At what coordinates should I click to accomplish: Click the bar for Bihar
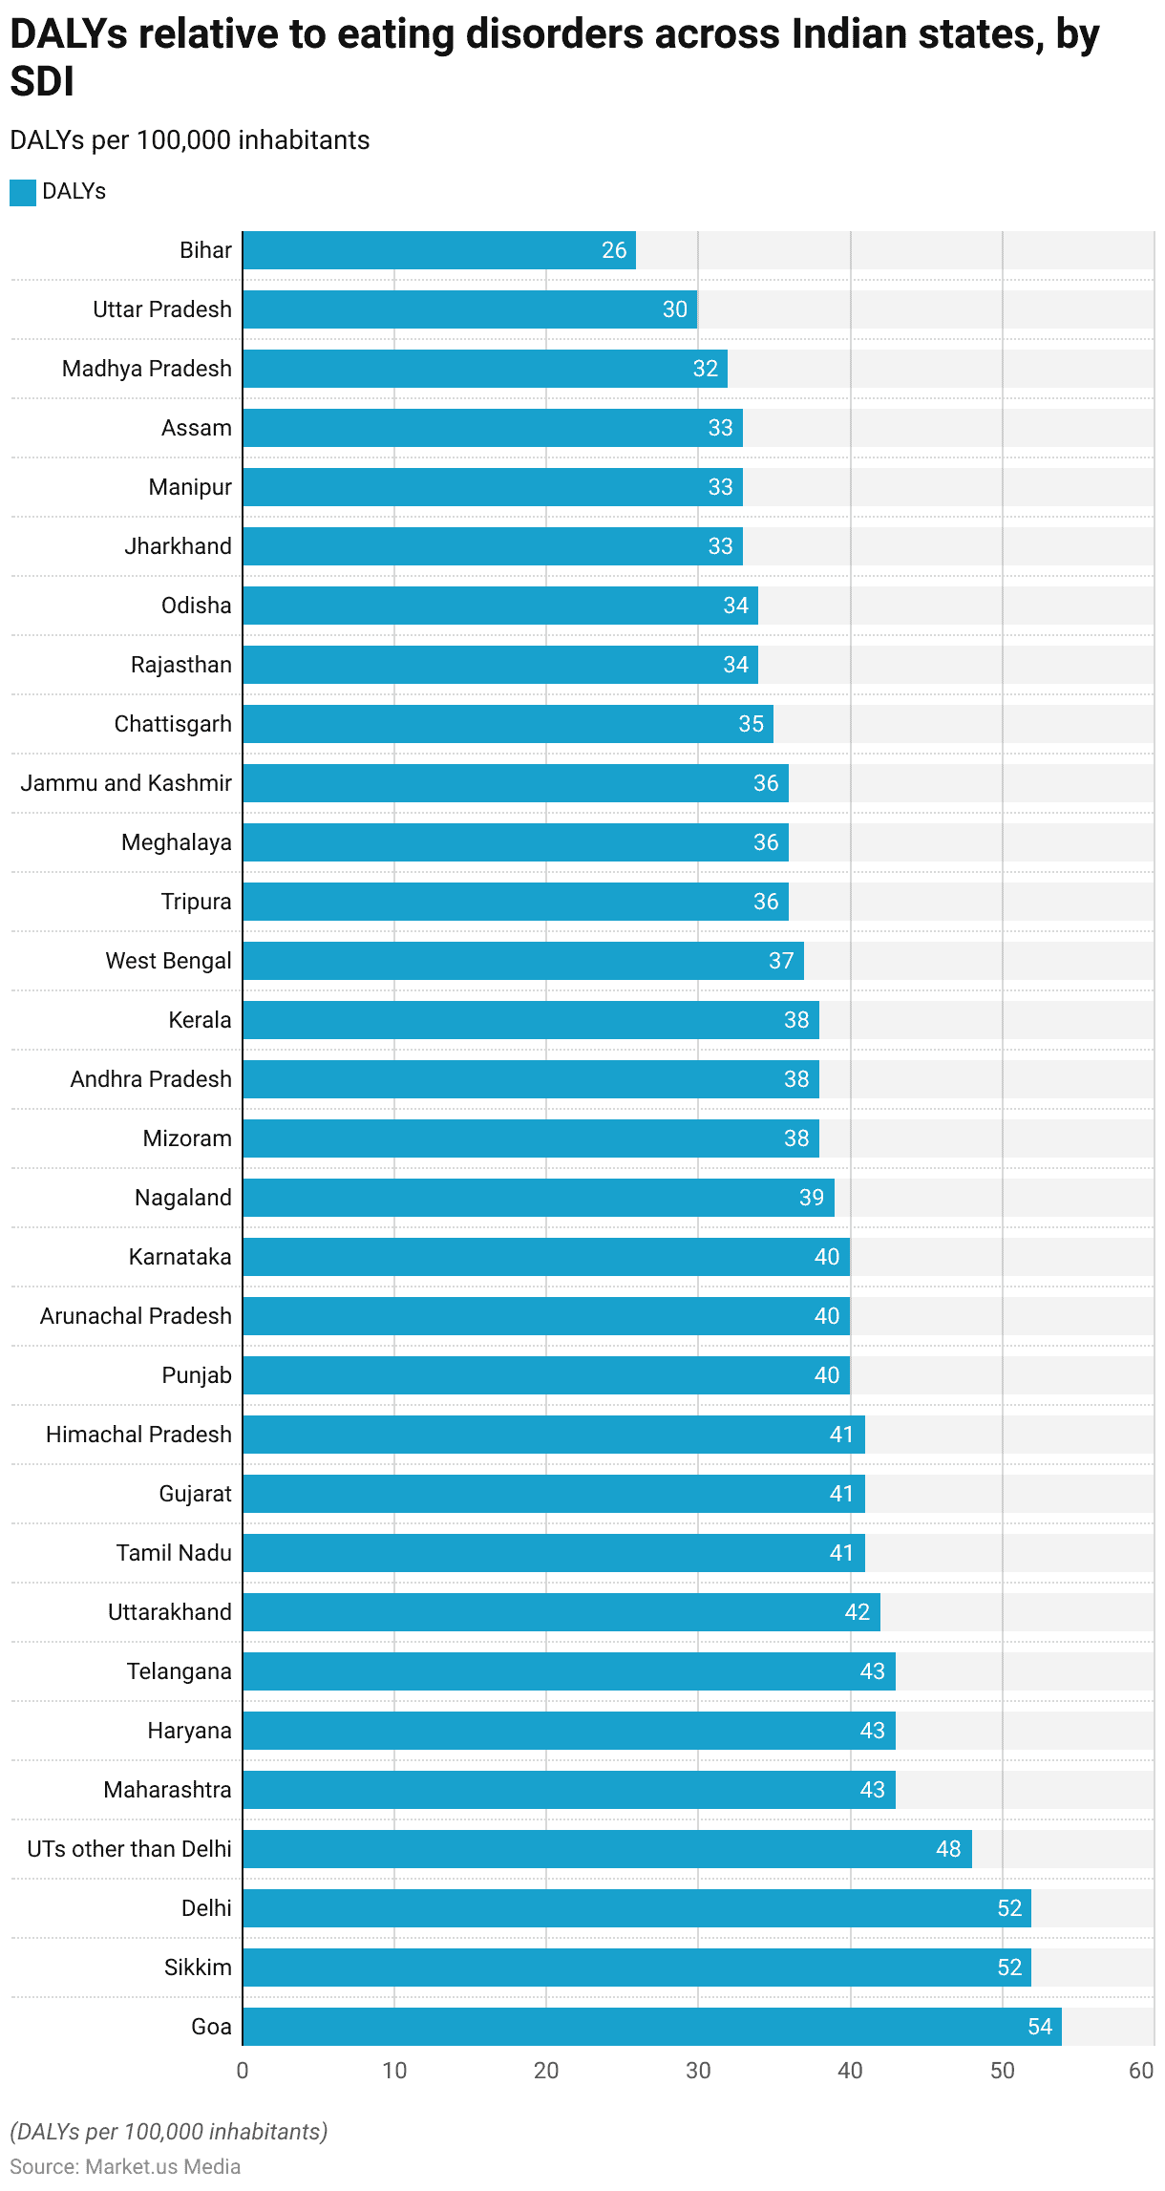pos(439,250)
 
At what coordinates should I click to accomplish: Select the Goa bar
pos(652,2027)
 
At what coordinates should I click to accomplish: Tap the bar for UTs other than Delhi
pos(607,1849)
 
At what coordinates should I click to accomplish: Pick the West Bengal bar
pos(523,961)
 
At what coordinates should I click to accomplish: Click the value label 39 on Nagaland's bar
pos(812,1198)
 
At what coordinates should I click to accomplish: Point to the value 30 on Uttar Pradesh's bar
pos(675,309)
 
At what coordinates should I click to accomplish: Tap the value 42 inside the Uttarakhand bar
pos(858,1612)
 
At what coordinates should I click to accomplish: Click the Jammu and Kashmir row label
pos(126,783)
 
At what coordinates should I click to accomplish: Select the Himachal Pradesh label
pos(138,1435)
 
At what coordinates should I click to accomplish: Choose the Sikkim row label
pos(198,1968)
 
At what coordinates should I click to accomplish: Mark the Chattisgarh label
pos(173,724)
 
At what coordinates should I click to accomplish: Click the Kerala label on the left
pos(200,1020)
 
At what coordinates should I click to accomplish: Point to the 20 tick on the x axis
pos(546,2071)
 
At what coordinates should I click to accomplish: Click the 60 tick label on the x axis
pos(1141,2071)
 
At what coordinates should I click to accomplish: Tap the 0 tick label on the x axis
pos(243,2071)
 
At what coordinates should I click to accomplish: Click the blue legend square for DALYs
pos(23,192)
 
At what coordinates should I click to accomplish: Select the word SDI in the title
pos(42,82)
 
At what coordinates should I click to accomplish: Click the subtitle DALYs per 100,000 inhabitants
pos(190,140)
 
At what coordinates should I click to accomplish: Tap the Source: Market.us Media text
pos(125,2166)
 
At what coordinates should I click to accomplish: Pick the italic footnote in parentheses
pos(169,2132)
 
